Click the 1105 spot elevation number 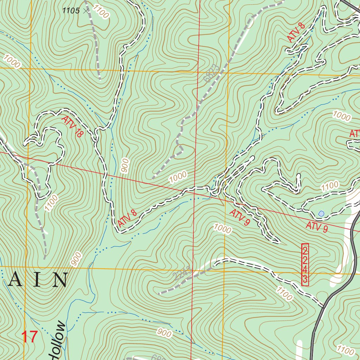(71, 11)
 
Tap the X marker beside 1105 (86, 11)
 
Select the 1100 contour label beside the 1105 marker (101, 12)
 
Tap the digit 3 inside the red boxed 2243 (305, 280)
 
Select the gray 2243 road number (182, 274)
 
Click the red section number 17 (30, 336)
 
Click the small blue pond (321, 213)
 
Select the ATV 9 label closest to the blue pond (316, 227)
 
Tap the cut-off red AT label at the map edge (354, 134)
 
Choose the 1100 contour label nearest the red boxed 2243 (284, 294)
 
